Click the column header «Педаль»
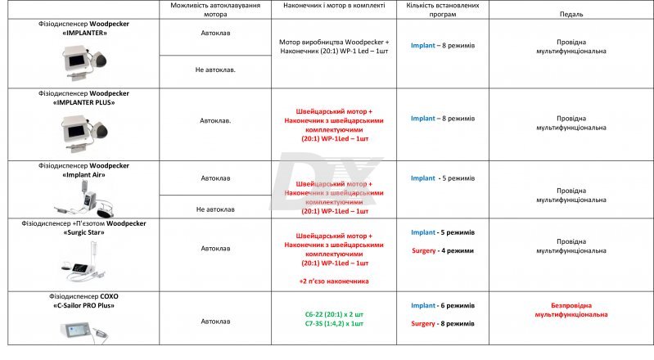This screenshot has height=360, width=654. click(x=572, y=15)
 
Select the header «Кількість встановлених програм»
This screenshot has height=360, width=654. click(x=442, y=10)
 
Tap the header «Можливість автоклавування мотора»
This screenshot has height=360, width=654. click(x=215, y=10)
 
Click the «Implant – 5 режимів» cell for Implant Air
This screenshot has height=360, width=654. click(x=442, y=178)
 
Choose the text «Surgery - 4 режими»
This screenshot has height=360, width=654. click(x=442, y=250)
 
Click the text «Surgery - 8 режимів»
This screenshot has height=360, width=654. click(x=442, y=323)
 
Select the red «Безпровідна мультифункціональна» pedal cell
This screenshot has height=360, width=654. click(x=571, y=309)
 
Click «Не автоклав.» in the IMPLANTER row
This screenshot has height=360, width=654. click(x=215, y=70)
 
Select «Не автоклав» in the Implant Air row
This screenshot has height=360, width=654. click(x=215, y=209)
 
